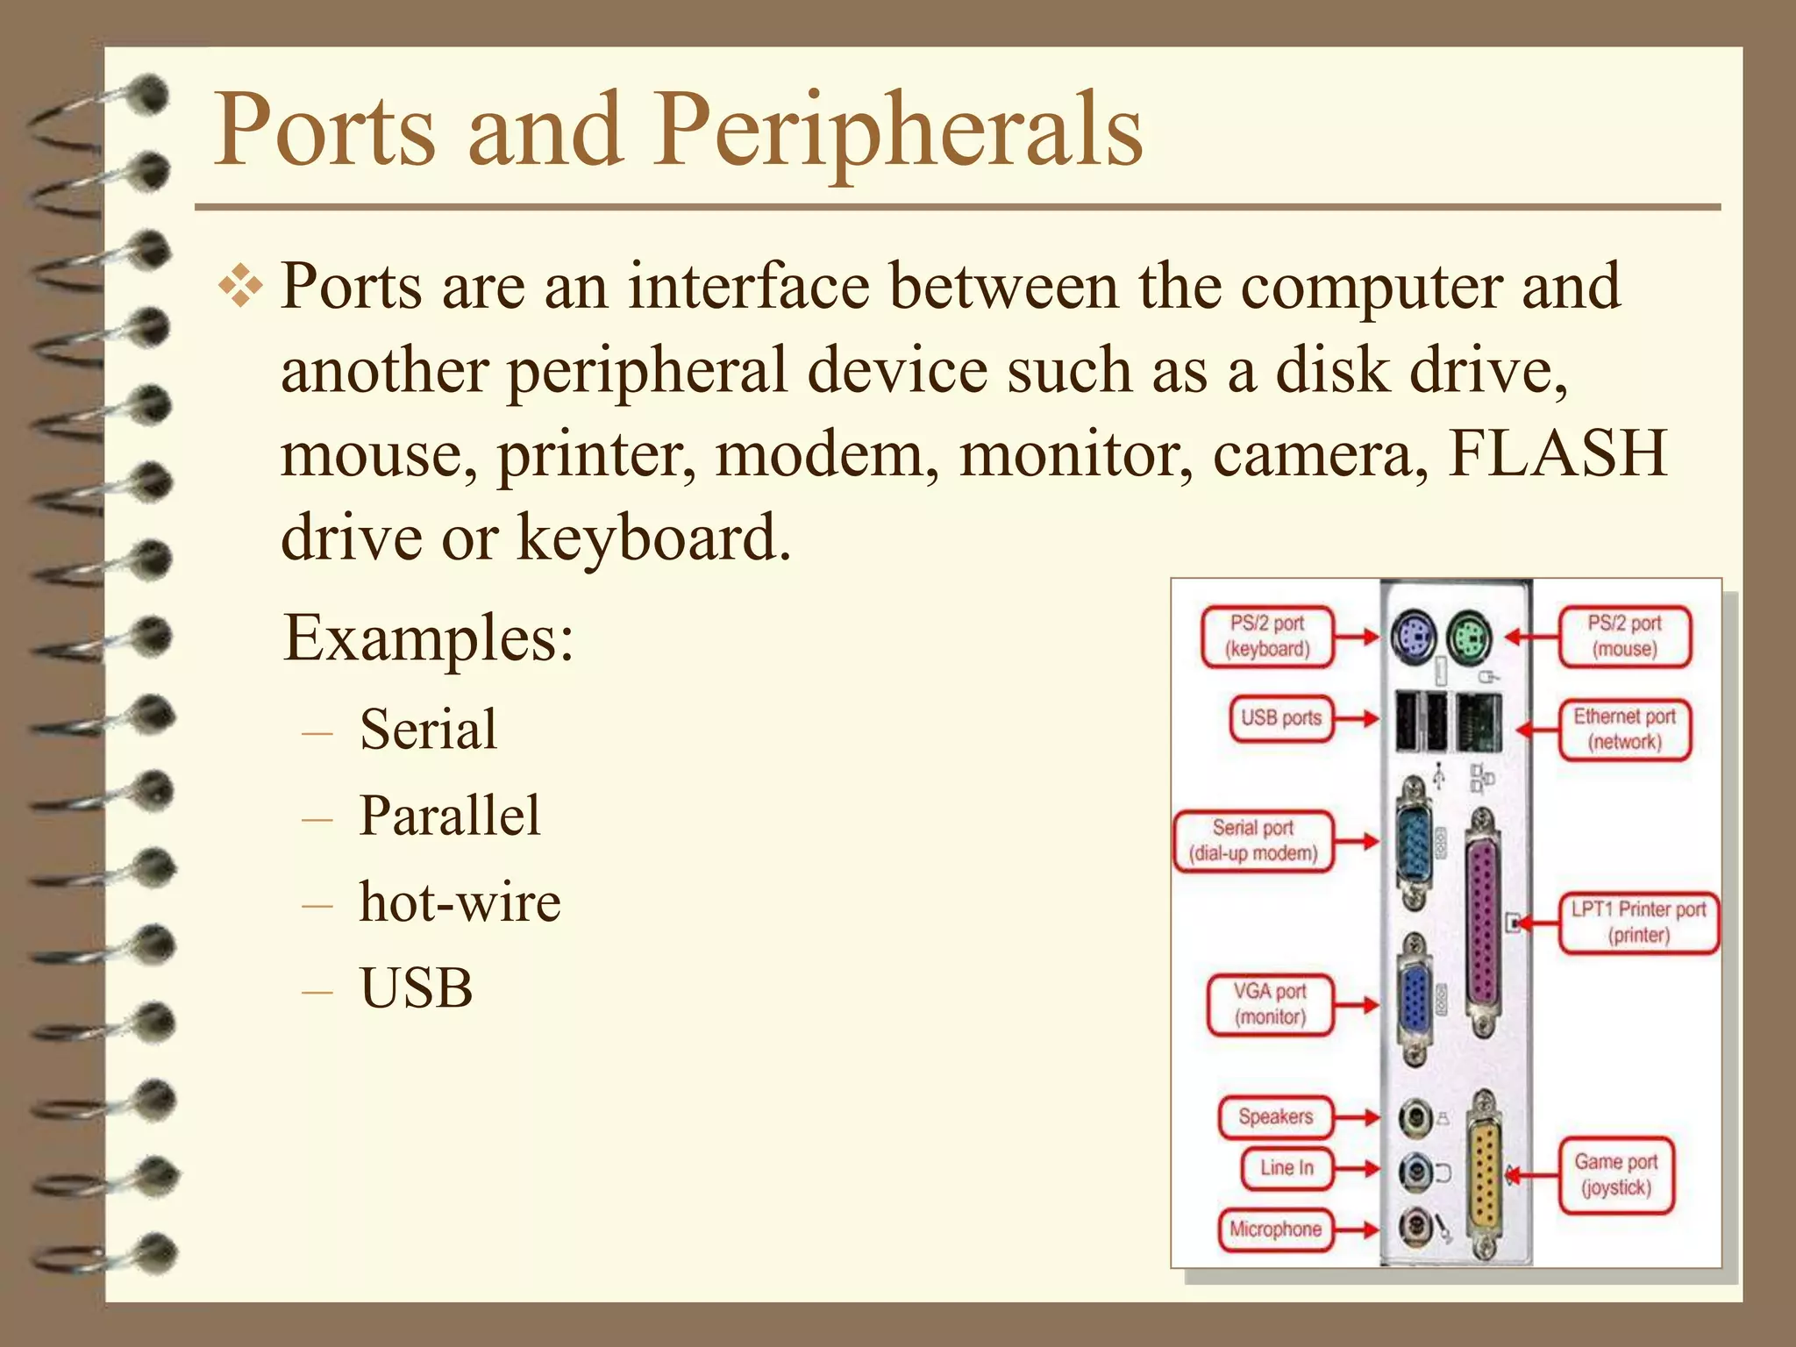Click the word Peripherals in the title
(899, 132)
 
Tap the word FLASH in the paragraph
(1557, 453)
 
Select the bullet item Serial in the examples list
(428, 730)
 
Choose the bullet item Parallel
(450, 816)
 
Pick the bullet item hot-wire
(460, 902)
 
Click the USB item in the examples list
(417, 988)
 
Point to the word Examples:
(429, 638)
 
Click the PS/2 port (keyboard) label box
(1267, 637)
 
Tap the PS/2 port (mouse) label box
(1624, 637)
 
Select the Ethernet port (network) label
(1624, 730)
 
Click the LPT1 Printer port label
(1638, 922)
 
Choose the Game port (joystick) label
(1615, 1175)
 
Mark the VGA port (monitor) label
(1270, 1004)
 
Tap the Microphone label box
(1275, 1229)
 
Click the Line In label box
(1286, 1168)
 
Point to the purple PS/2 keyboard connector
(1413, 637)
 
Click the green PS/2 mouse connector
(1470, 638)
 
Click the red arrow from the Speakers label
(1358, 1117)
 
